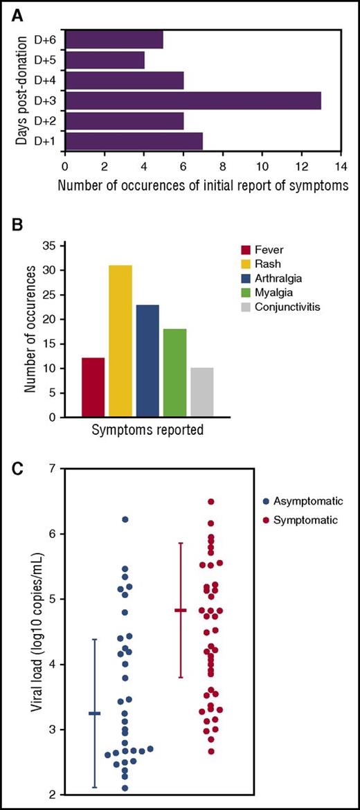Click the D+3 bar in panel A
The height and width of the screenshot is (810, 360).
click(x=193, y=100)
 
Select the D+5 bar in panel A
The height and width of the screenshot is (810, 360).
click(x=105, y=60)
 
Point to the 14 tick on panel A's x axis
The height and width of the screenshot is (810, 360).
click(x=341, y=166)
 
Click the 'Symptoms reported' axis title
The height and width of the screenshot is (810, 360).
click(x=147, y=430)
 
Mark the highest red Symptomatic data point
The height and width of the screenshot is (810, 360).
click(x=211, y=501)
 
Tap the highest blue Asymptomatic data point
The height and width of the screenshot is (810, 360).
click(x=125, y=519)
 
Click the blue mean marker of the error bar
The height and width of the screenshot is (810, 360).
click(x=94, y=713)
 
